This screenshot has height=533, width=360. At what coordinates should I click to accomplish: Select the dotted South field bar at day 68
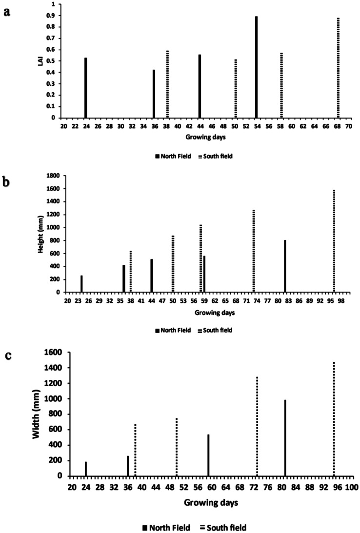(x=338, y=68)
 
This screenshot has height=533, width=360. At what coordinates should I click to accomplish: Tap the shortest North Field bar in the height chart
(x=81, y=284)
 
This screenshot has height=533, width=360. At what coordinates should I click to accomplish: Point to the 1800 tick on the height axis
(x=53, y=175)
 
